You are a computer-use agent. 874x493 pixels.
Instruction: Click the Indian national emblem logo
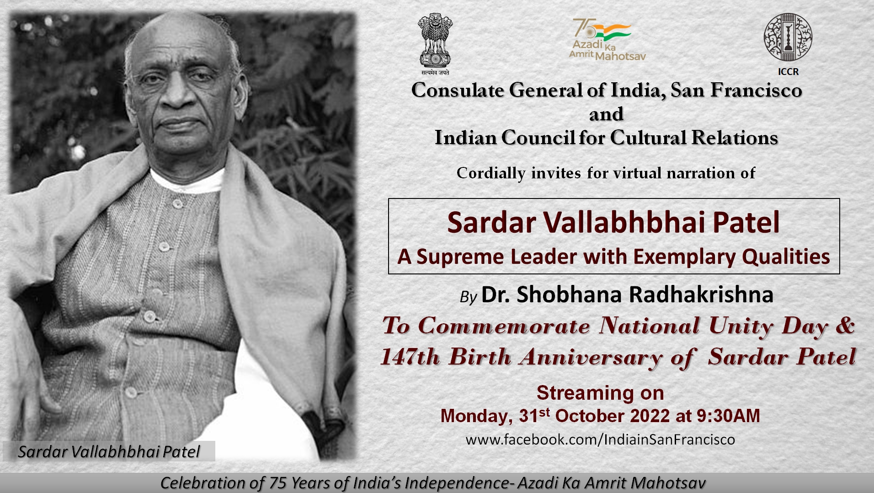click(x=435, y=44)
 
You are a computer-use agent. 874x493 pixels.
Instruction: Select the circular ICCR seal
click(x=788, y=37)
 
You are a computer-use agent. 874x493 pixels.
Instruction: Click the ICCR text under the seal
click(x=788, y=72)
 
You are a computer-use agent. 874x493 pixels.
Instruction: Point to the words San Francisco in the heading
click(x=736, y=91)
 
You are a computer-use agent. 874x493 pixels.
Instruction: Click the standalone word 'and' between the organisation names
click(x=606, y=114)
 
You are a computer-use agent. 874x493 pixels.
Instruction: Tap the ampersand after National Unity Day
click(x=845, y=325)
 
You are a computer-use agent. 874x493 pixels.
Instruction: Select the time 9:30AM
click(x=728, y=416)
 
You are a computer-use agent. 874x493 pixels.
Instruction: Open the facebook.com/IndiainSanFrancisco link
click(x=600, y=440)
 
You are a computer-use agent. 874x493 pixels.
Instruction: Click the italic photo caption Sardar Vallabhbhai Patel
click(x=109, y=452)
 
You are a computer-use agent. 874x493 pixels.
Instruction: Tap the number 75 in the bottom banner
click(x=278, y=483)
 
